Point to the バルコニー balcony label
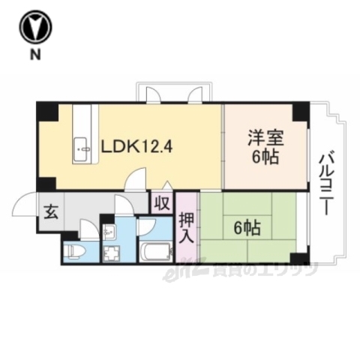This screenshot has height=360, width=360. click(326, 184)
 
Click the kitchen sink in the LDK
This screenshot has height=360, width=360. click(81, 149)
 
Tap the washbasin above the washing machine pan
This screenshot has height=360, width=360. click(109, 231)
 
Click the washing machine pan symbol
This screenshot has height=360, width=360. click(113, 253)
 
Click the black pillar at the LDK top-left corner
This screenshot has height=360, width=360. click(46, 113)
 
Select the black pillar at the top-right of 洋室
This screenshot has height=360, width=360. click(300, 112)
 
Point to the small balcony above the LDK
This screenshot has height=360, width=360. click(173, 93)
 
